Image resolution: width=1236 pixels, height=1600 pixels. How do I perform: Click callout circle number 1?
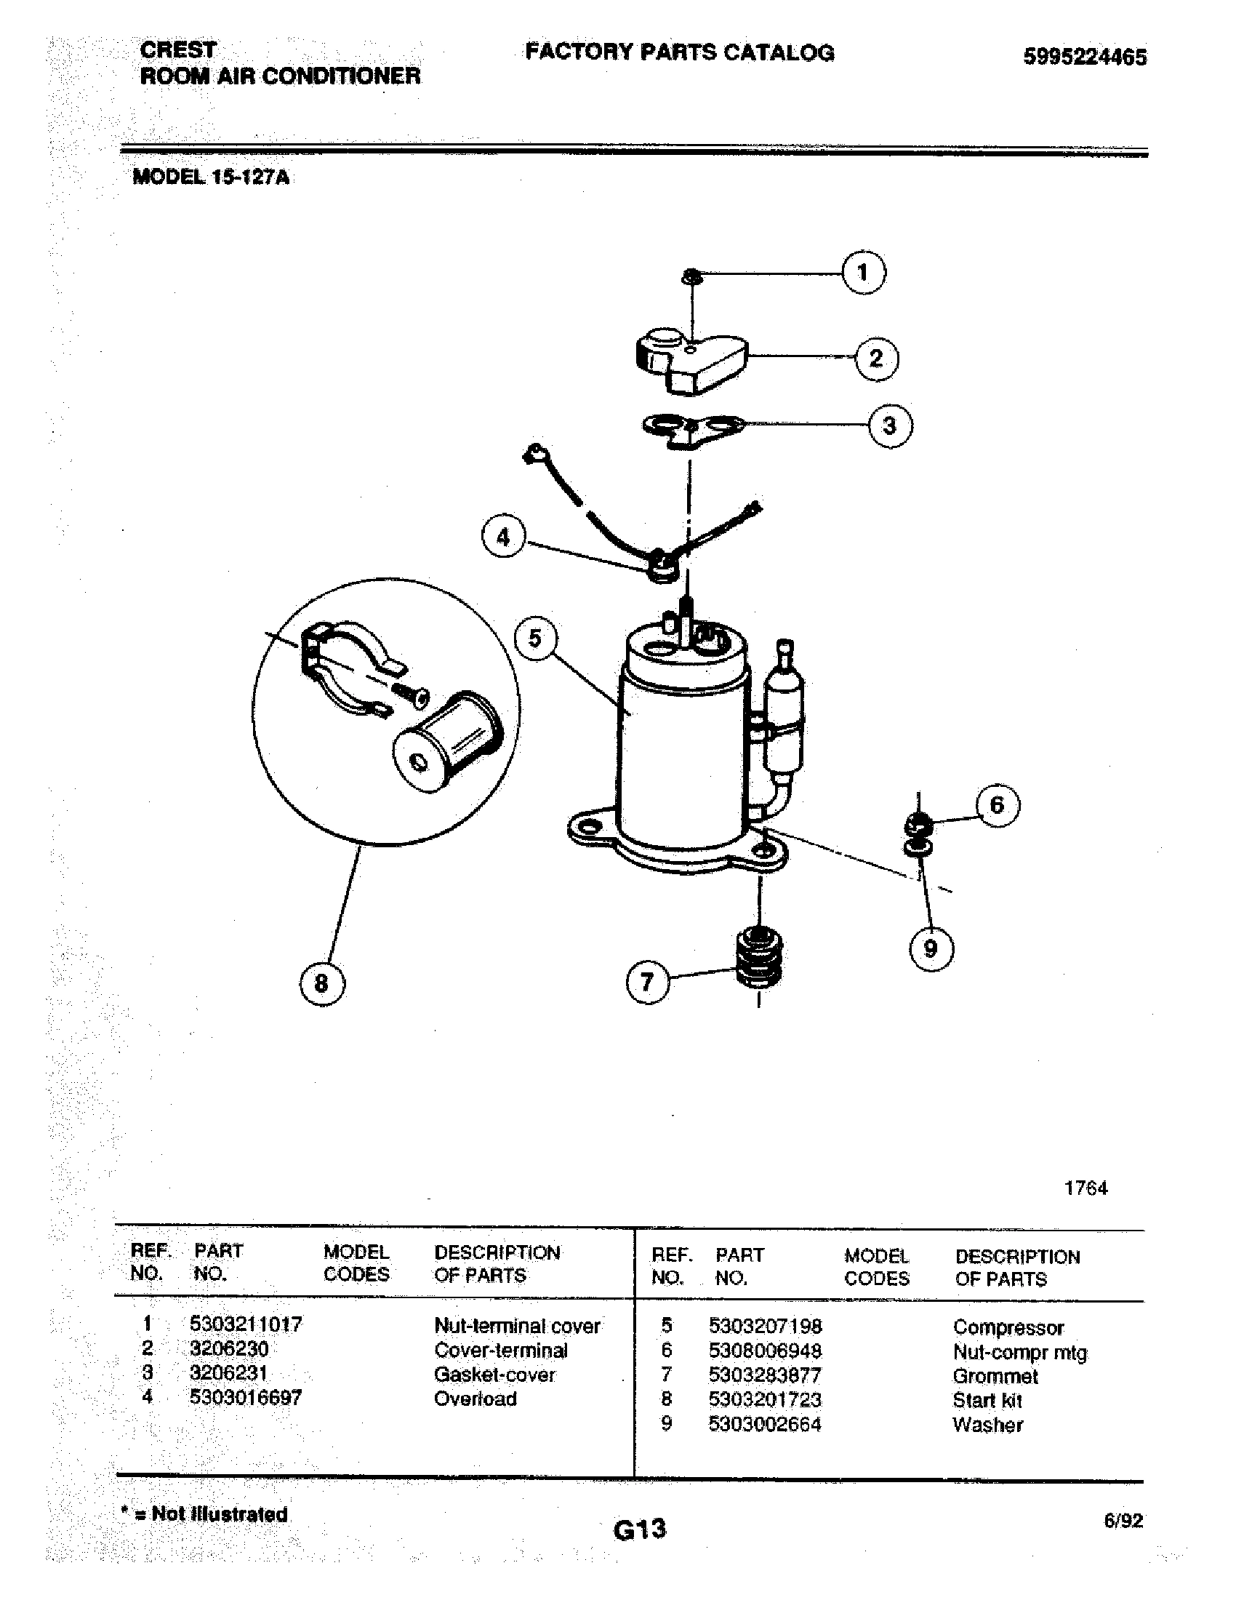[863, 273]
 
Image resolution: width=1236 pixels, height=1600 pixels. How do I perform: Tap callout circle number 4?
[503, 537]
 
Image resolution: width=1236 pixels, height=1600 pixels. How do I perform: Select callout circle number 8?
[322, 983]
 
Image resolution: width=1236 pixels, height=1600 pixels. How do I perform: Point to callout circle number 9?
[931, 948]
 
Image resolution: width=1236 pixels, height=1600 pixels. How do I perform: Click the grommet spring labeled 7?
[758, 957]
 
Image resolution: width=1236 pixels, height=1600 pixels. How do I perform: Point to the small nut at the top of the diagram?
[691, 276]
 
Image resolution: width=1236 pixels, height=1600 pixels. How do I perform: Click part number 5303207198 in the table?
[765, 1326]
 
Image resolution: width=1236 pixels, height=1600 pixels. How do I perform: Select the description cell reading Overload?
[475, 1399]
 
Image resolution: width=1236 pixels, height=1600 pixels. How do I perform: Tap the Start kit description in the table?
[987, 1400]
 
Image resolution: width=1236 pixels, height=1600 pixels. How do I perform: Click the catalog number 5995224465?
[1085, 57]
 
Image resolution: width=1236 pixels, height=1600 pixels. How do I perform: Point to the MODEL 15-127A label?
[211, 177]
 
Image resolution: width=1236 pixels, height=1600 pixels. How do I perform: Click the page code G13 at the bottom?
[640, 1529]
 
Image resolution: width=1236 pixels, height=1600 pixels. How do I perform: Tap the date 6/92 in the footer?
[1123, 1521]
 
